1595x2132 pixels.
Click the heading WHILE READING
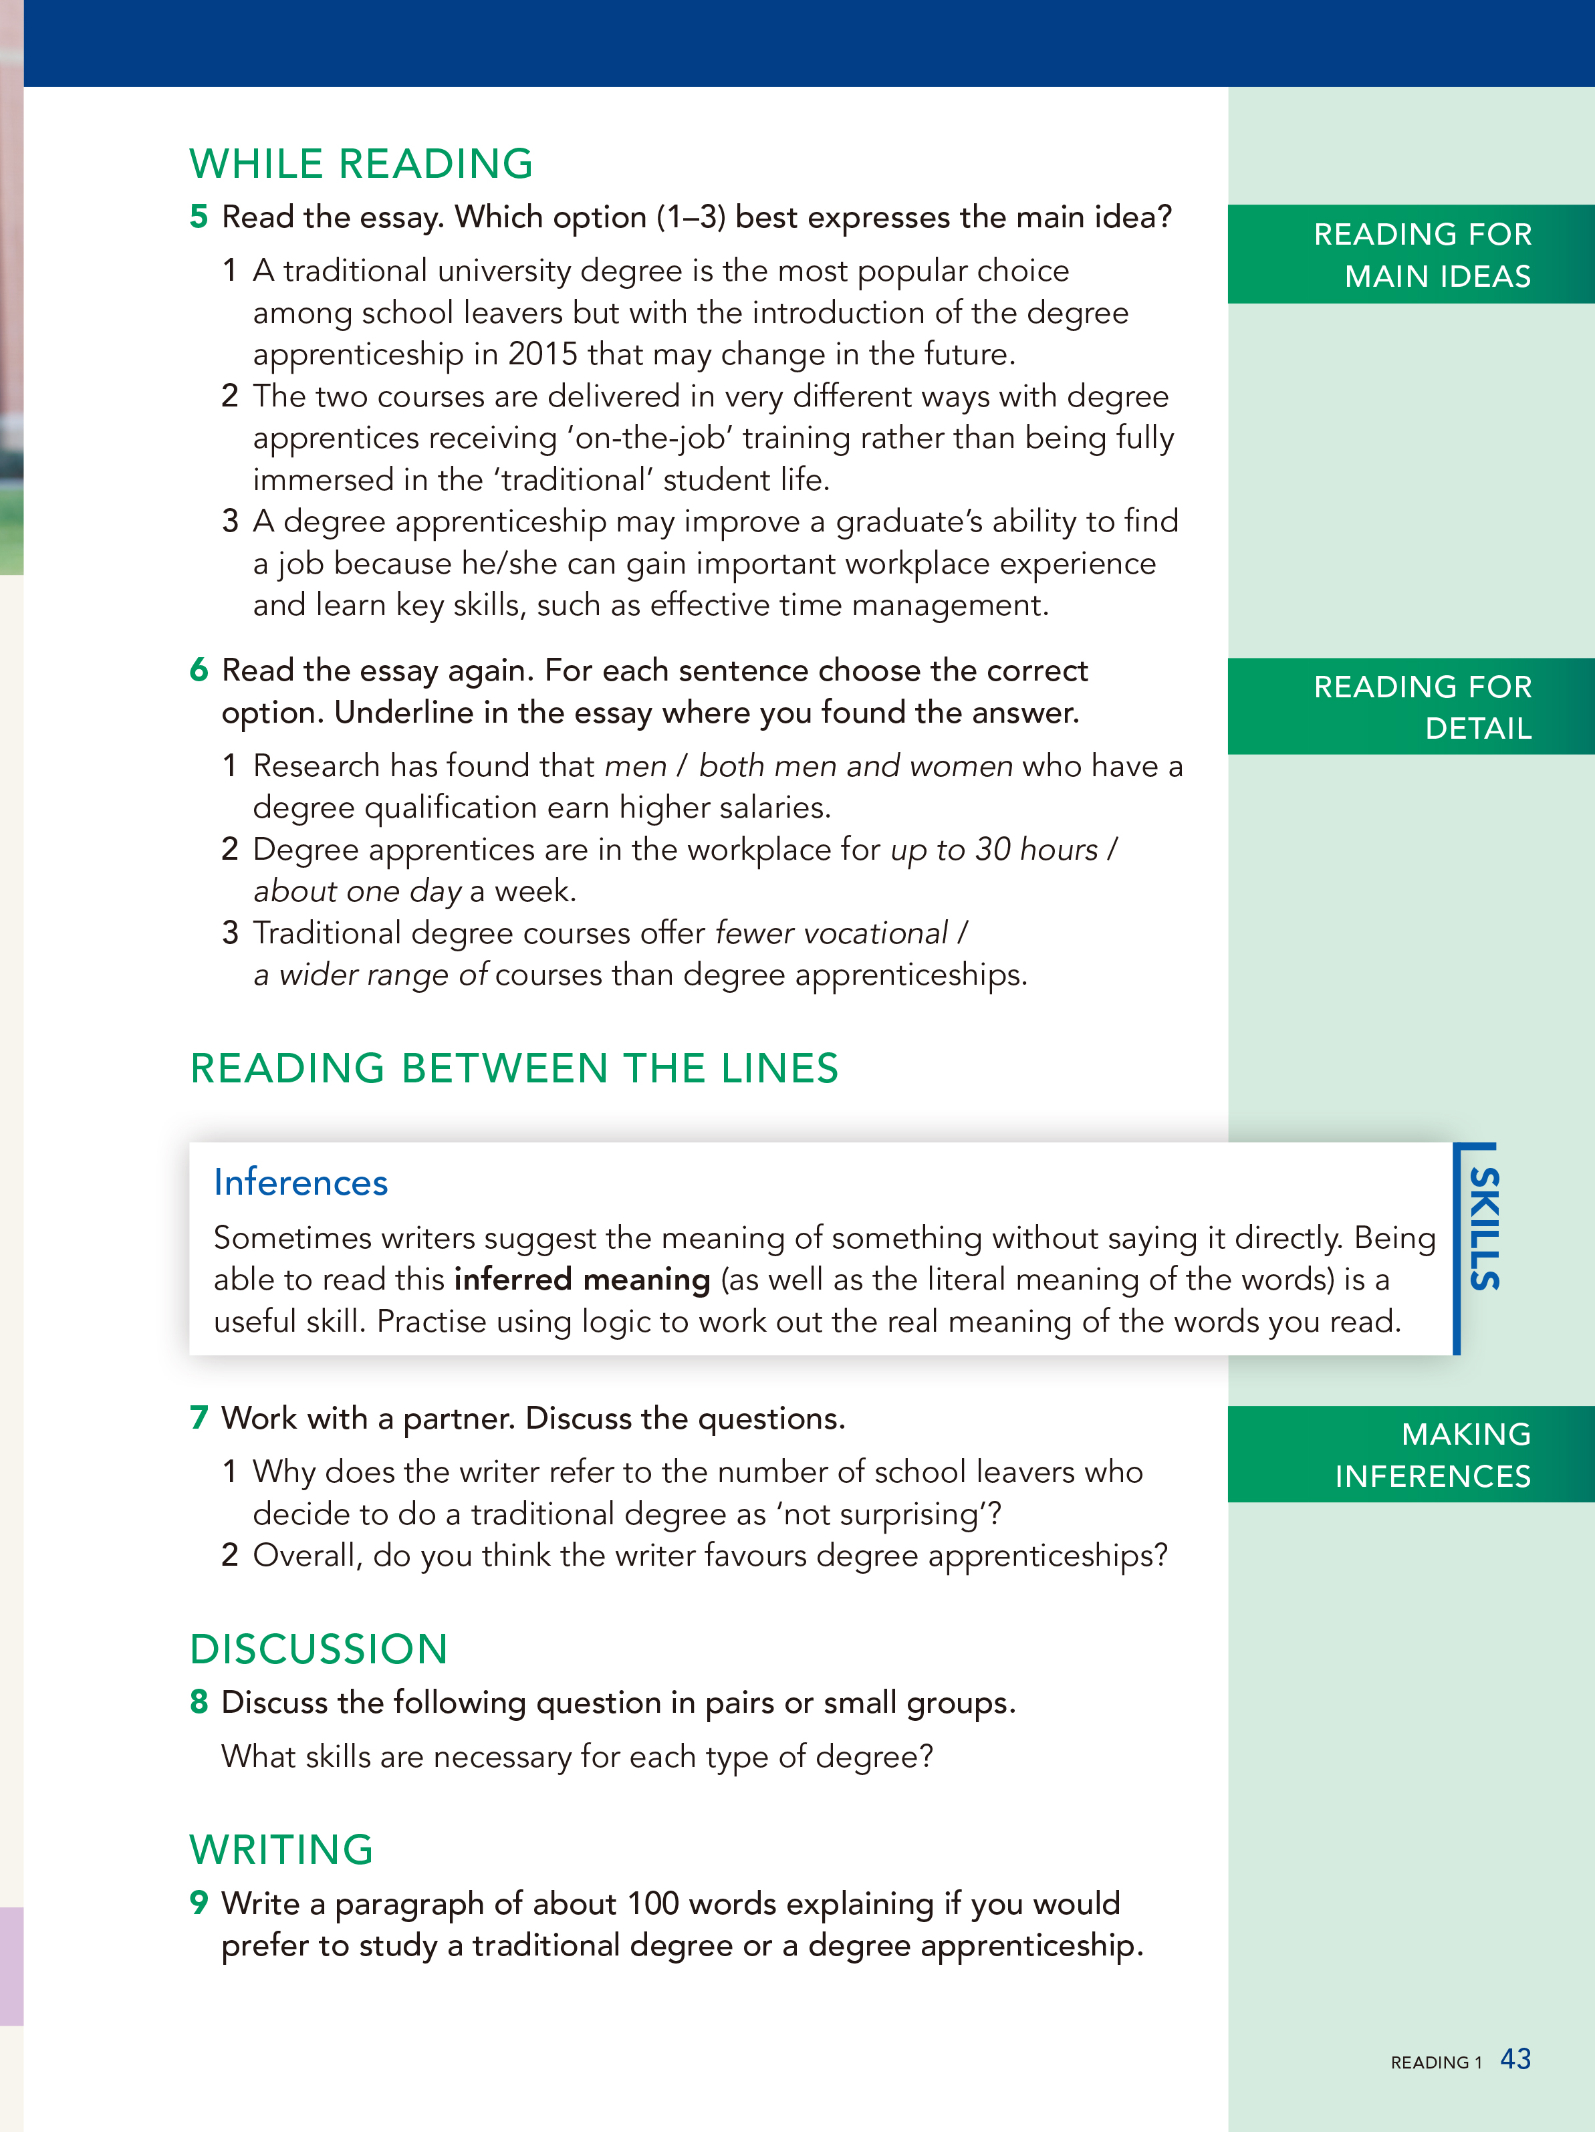pyautogui.click(x=362, y=164)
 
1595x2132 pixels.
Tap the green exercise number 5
pyautogui.click(x=199, y=217)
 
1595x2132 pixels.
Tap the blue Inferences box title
pyautogui.click(x=301, y=1183)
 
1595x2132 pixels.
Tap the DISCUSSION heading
pyautogui.click(x=319, y=1649)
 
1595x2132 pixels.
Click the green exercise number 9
pyautogui.click(x=199, y=1903)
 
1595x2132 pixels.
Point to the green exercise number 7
pyautogui.click(x=199, y=1418)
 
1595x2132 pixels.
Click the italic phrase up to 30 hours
pyautogui.click(x=993, y=849)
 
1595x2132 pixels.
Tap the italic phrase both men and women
pyautogui.click(x=856, y=766)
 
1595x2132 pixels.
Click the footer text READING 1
pyautogui.click(x=1436, y=2062)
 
